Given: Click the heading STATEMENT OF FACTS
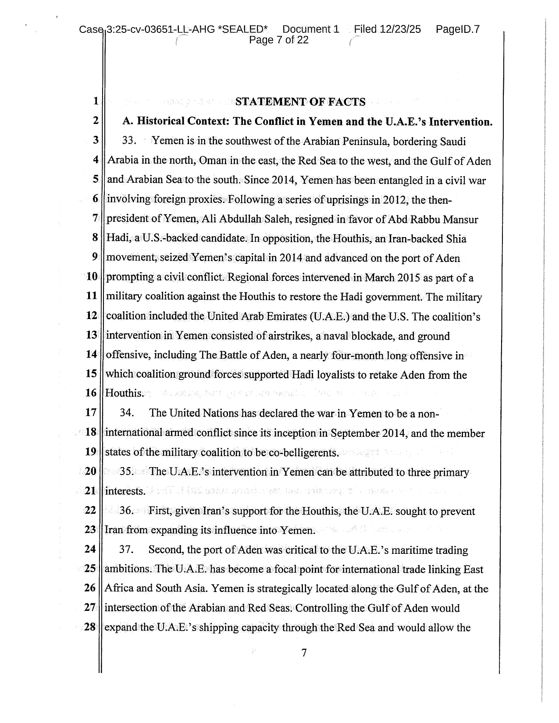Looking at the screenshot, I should (x=300, y=102).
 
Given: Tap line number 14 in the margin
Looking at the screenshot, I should (x=91, y=355).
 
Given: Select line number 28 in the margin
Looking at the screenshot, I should (x=90, y=627).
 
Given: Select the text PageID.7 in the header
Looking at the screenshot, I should (x=458, y=29).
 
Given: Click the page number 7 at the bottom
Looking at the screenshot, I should (x=303, y=653).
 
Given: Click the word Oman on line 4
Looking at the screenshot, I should (x=213, y=161).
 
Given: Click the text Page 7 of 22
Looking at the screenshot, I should (x=279, y=40).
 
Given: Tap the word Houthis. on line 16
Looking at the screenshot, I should (x=125, y=393).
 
